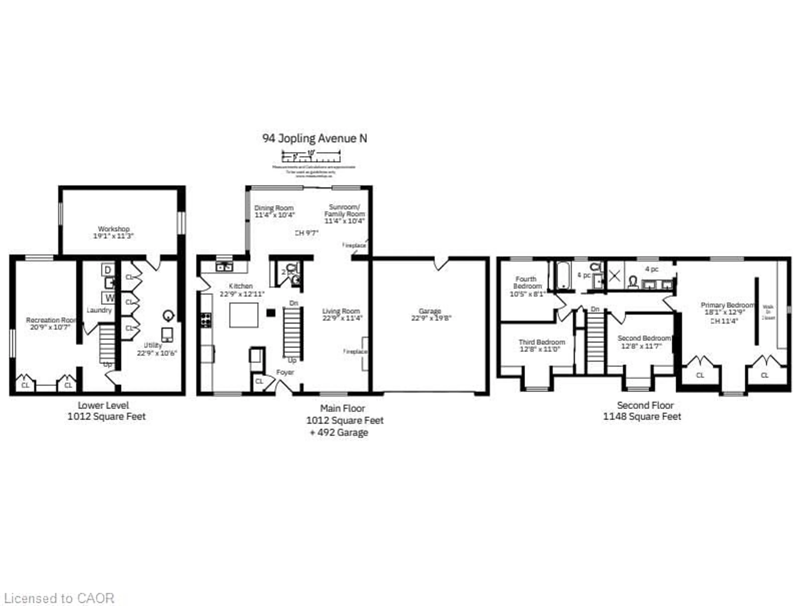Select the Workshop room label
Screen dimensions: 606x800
[x=114, y=229]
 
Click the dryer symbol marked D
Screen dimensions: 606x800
[x=108, y=269]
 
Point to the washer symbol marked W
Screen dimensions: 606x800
[x=109, y=298]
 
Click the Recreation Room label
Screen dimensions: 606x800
[x=51, y=320]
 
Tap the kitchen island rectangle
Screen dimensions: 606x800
[x=244, y=315]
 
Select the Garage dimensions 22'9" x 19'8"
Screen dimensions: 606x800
[x=431, y=318]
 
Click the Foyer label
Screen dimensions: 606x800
[x=285, y=372]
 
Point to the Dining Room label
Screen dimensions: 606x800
[x=274, y=208]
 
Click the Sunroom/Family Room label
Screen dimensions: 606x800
[x=344, y=210]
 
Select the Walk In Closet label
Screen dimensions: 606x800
[x=768, y=312]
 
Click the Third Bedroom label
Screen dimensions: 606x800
[x=541, y=342]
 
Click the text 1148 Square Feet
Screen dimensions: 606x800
[x=642, y=416]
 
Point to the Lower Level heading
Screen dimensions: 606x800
[x=103, y=405]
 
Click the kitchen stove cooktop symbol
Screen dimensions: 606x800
[x=206, y=320]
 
